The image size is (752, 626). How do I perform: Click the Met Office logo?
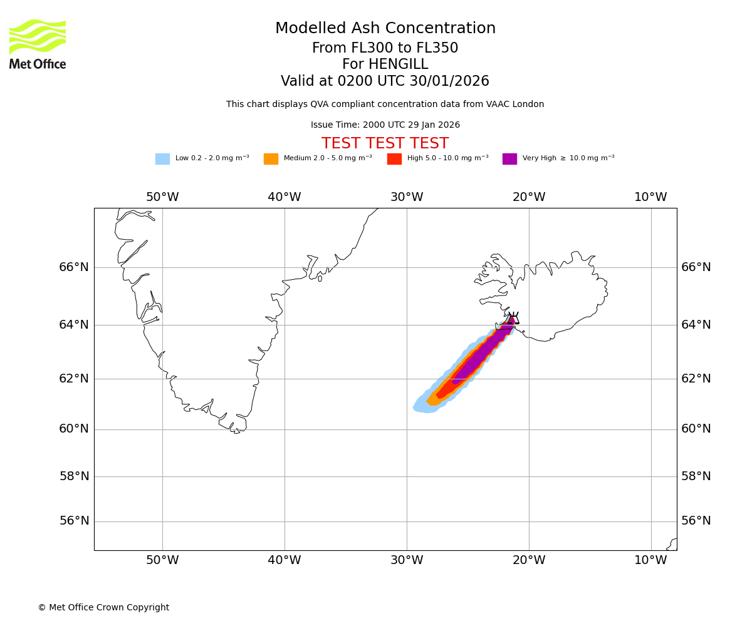(x=38, y=44)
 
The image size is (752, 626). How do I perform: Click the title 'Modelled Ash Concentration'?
(x=385, y=29)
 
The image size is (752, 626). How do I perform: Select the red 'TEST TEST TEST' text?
(x=385, y=144)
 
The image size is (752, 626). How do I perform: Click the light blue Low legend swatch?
(x=162, y=159)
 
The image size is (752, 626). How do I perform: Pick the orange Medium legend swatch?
(x=271, y=159)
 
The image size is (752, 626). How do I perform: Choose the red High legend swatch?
(x=394, y=159)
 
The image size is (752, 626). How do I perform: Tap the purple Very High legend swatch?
(x=509, y=159)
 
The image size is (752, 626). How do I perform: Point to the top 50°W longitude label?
(x=162, y=197)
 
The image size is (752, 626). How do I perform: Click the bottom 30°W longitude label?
(x=407, y=560)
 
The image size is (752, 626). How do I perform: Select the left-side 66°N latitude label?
(x=74, y=267)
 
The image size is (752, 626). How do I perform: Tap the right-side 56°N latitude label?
(x=696, y=521)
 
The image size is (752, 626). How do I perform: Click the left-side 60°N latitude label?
(x=74, y=429)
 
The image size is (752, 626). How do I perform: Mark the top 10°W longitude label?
(x=651, y=197)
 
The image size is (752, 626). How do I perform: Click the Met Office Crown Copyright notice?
(x=103, y=608)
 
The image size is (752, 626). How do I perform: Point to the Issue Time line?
(x=385, y=125)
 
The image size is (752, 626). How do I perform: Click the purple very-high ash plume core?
(x=476, y=357)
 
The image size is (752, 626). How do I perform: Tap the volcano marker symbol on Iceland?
(x=513, y=318)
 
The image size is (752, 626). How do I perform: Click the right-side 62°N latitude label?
(x=696, y=378)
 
